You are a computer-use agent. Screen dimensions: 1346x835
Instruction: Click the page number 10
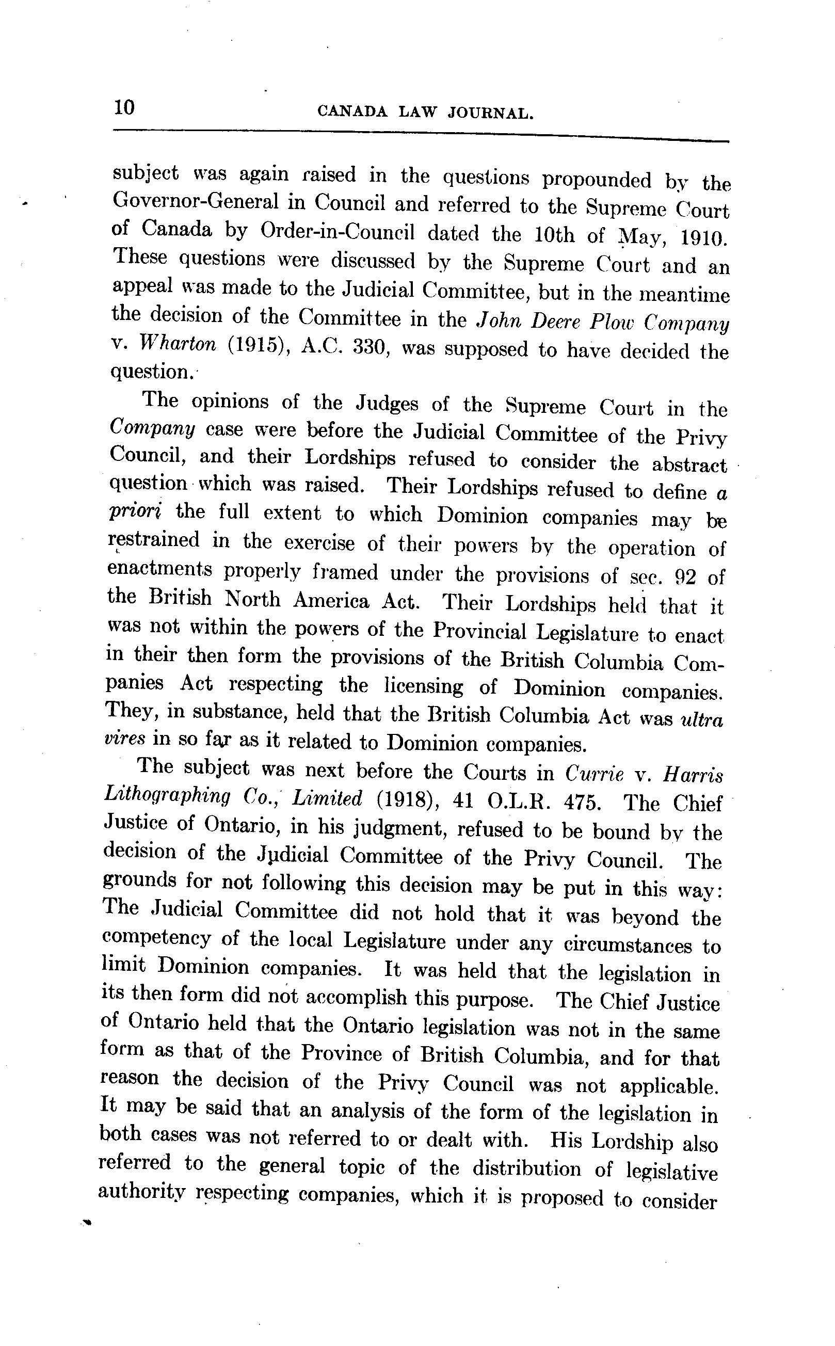tap(124, 107)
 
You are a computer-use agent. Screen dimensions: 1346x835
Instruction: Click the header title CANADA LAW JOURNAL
tap(426, 113)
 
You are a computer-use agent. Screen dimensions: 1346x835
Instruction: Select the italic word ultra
tap(702, 719)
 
